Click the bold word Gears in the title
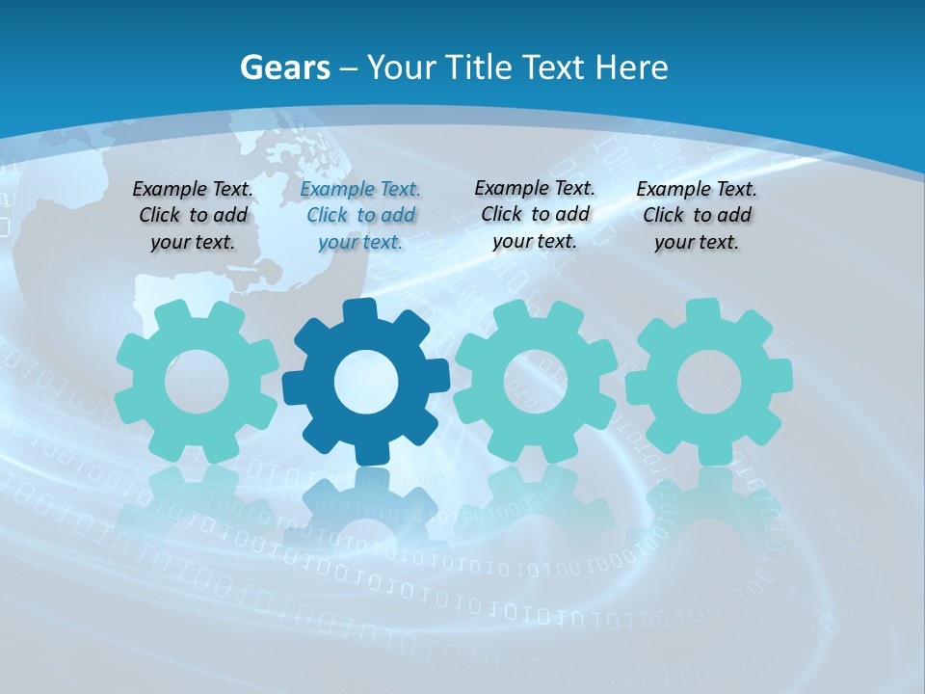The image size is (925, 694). click(x=284, y=67)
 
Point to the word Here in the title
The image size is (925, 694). click(x=631, y=67)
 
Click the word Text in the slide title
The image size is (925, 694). click(x=556, y=67)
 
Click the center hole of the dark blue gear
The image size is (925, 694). click(x=366, y=383)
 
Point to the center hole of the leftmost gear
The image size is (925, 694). click(x=197, y=382)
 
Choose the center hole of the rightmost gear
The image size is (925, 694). click(x=708, y=382)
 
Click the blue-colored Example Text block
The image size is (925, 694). click(x=360, y=216)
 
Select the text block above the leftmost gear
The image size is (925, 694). click(x=193, y=216)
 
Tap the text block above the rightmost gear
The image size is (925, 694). click(x=697, y=216)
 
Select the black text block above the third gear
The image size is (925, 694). click(x=535, y=214)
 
